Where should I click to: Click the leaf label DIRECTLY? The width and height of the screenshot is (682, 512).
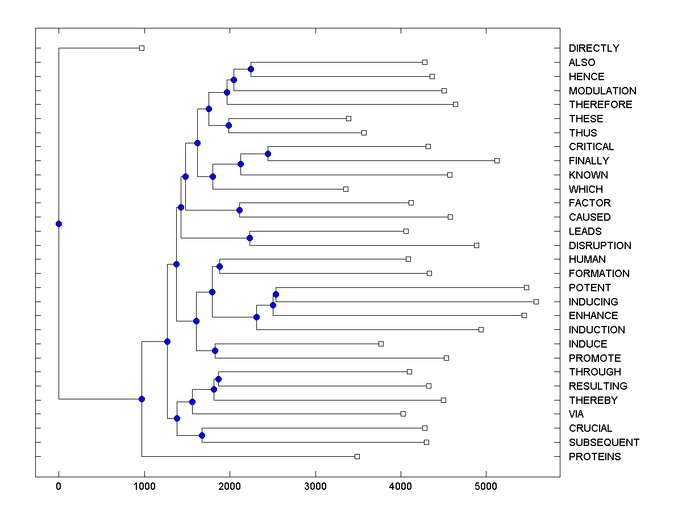pos(594,48)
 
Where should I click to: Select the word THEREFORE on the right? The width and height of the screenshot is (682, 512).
pos(600,105)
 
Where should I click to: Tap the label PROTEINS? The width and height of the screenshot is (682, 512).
pos(594,457)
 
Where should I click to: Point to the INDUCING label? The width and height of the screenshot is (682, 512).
pos(593,302)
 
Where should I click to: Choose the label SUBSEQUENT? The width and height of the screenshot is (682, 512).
pos(604,443)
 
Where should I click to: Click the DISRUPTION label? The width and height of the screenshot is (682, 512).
pos(600,246)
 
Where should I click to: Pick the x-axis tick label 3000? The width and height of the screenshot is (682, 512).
pos(315,487)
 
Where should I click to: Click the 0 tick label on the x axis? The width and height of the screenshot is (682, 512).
pos(59,487)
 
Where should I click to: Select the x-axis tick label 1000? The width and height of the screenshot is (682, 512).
pos(144,487)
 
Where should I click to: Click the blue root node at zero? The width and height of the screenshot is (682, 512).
pos(59,224)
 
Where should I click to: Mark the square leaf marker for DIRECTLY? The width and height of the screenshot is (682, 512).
pos(142,48)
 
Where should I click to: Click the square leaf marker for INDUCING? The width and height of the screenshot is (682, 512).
pos(536,302)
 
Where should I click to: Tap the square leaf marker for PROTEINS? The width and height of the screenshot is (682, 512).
pos(357,456)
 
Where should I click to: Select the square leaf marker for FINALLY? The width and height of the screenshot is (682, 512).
pos(497,161)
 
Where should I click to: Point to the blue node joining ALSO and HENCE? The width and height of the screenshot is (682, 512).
pos(251,69)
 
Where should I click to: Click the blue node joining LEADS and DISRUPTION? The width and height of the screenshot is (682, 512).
pos(249,238)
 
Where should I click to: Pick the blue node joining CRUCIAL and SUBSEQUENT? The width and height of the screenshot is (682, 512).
pos(202,435)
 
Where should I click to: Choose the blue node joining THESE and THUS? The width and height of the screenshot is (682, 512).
pos(228,125)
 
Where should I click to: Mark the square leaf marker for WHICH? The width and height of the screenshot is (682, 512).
pos(346,189)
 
